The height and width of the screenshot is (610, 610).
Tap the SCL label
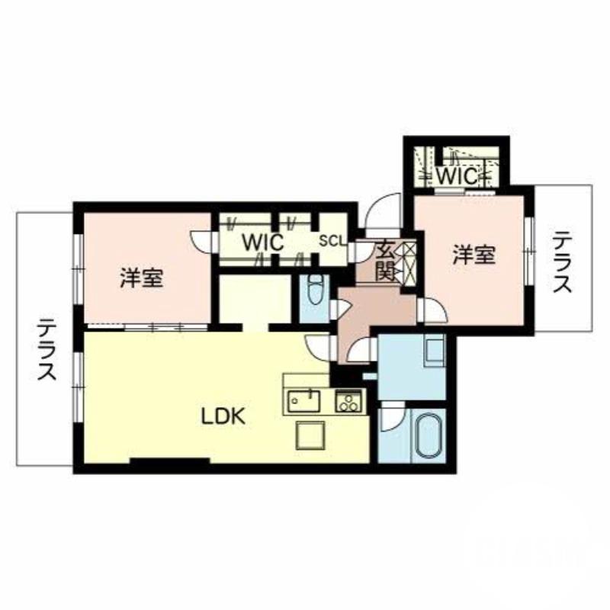point(330,241)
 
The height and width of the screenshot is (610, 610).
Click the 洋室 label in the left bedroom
point(142,278)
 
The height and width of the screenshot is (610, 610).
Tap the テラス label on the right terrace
point(562,262)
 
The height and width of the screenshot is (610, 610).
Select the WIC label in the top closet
point(457,176)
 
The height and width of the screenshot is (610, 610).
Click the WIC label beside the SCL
point(263,243)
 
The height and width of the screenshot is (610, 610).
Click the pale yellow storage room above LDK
point(255,299)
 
